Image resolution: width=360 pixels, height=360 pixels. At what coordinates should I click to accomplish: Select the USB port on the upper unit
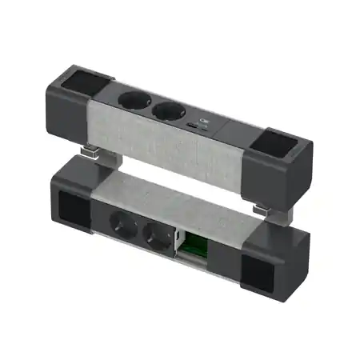tap(196, 127)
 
